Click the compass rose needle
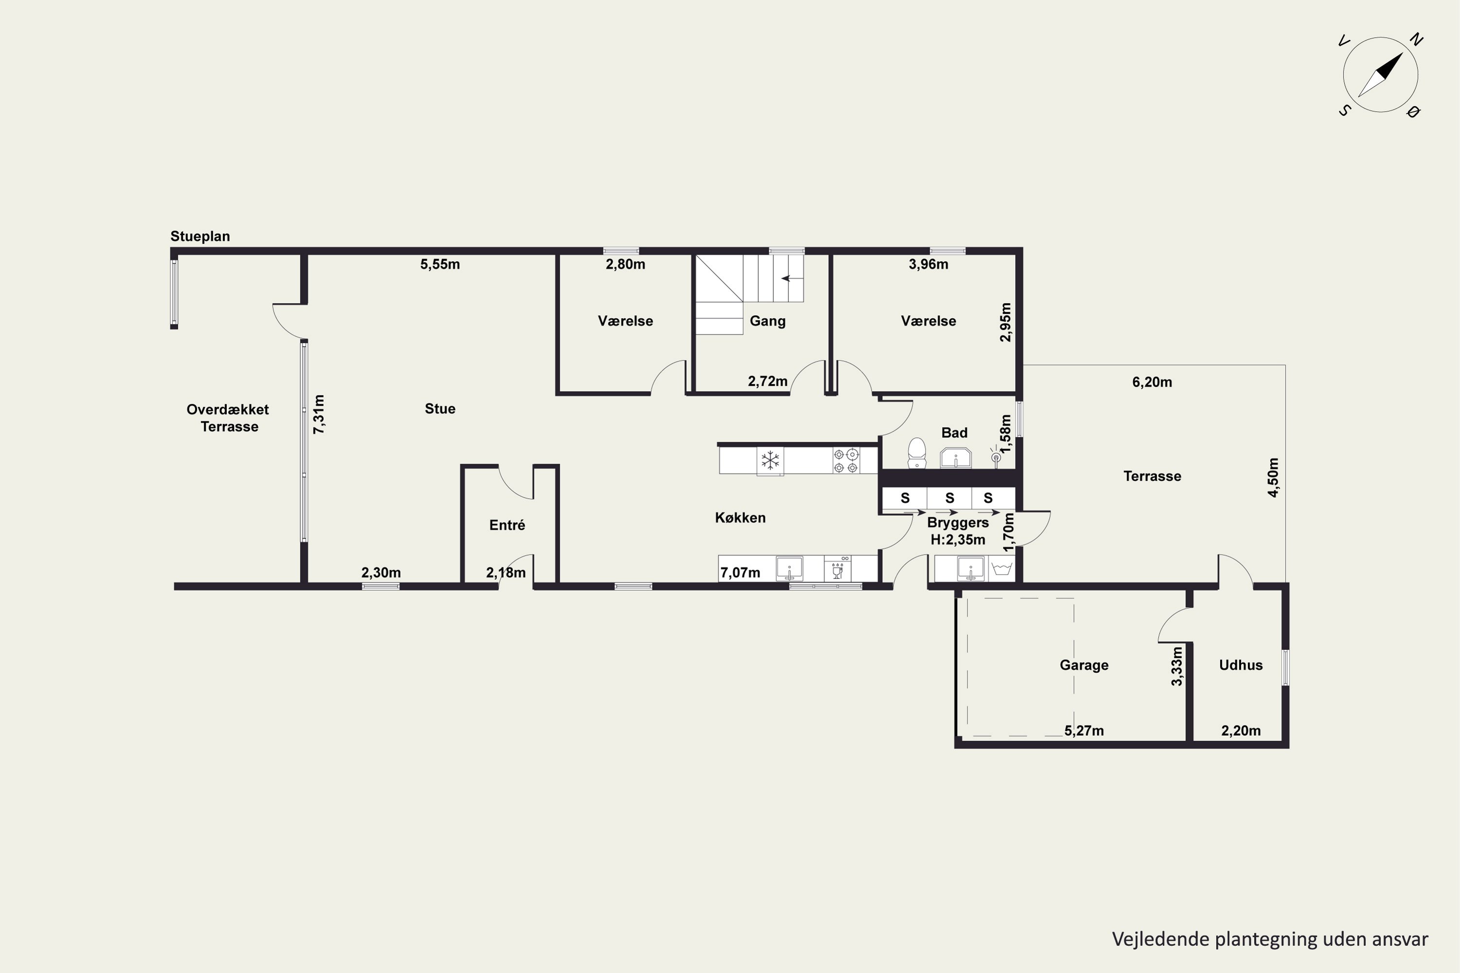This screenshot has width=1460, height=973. coord(1381,75)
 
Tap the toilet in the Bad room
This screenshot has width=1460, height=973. coord(917,453)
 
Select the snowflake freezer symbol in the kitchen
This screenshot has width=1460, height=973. coord(770,460)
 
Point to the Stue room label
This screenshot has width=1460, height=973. coord(440,408)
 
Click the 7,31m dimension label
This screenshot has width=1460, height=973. coord(318,414)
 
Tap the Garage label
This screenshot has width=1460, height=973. coord(1084,665)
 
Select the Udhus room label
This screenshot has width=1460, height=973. coord(1241,665)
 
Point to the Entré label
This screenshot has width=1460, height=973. coord(507,525)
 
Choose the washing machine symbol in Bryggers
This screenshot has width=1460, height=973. coord(1003,568)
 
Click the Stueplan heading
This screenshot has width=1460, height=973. coord(200,236)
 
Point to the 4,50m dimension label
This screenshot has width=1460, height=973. coord(1273,477)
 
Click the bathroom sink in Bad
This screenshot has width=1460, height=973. coord(955,457)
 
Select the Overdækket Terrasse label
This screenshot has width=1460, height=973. coord(228,417)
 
